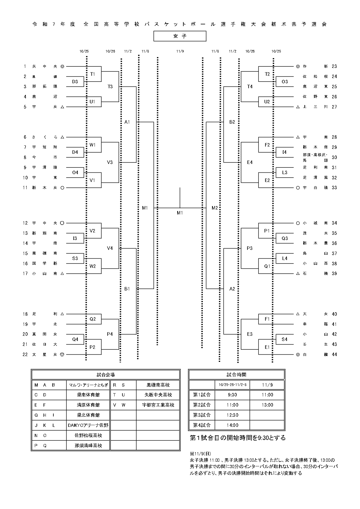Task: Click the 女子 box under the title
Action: click(x=180, y=36)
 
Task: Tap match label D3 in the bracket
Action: click(x=75, y=82)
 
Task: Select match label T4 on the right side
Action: click(x=250, y=86)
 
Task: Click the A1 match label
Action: click(x=127, y=122)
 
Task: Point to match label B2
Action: click(x=232, y=122)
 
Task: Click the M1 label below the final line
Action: click(x=180, y=213)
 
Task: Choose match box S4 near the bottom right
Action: click(x=285, y=339)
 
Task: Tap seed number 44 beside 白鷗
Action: click(x=334, y=354)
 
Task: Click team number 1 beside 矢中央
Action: click(x=25, y=66)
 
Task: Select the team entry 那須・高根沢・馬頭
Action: click(x=315, y=157)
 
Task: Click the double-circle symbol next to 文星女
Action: click(x=62, y=354)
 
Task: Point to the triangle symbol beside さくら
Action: click(x=62, y=137)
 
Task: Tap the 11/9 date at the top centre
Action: click(x=180, y=51)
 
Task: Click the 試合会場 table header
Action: click(x=106, y=375)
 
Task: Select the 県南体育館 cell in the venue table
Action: click(x=88, y=395)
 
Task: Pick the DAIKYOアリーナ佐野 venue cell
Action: click(x=88, y=425)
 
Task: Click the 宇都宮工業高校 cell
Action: click(x=158, y=405)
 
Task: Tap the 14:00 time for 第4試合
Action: click(x=232, y=425)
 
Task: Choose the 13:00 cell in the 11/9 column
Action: click(x=267, y=405)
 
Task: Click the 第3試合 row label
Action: click(x=202, y=415)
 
